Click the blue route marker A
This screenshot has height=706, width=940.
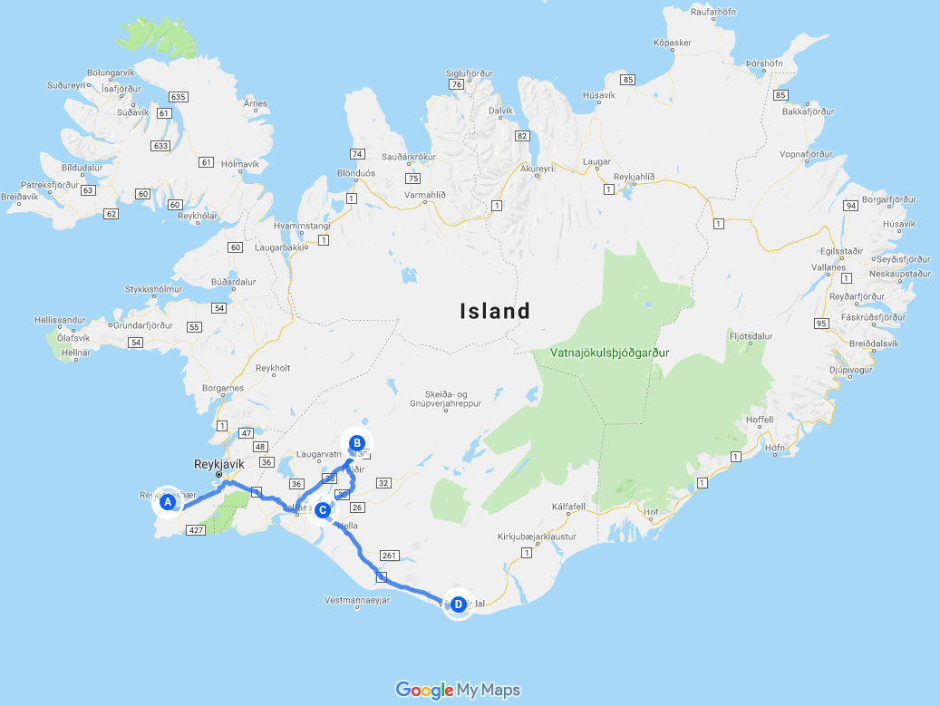167,501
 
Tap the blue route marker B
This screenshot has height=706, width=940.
357,443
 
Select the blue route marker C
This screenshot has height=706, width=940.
322,510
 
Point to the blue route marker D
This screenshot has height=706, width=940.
458,604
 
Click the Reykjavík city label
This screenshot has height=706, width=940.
220,464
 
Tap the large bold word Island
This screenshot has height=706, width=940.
495,312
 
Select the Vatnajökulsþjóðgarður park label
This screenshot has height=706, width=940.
609,352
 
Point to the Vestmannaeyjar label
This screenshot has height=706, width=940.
357,600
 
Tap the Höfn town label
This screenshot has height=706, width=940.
774,448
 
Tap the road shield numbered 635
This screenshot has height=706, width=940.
178,97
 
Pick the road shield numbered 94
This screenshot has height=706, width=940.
850,206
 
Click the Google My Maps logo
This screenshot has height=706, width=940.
458,691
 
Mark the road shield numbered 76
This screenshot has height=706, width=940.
457,84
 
